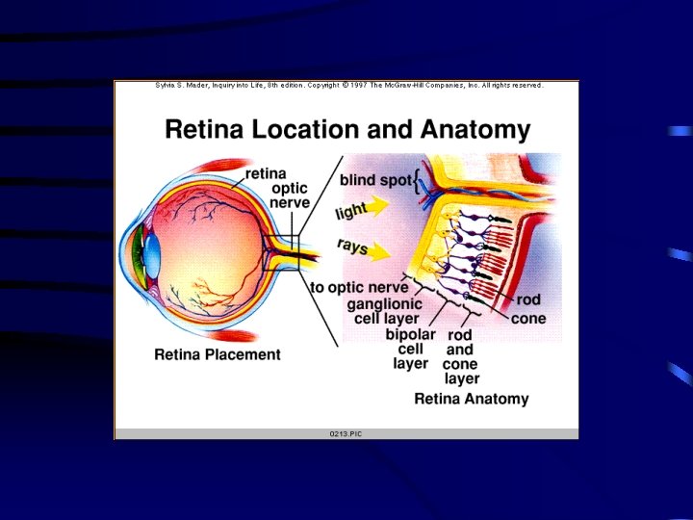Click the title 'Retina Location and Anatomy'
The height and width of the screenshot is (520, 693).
point(347,130)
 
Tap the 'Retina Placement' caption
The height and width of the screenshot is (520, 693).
point(218,354)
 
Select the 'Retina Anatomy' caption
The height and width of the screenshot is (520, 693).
point(471,399)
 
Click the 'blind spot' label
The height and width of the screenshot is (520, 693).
point(374,180)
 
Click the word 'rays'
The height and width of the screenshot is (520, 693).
point(352,247)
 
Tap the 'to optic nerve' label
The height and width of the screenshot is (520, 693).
point(359,287)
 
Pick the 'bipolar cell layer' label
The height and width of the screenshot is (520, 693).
point(411,349)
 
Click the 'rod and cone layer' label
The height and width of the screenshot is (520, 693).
point(460,356)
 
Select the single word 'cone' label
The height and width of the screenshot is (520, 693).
point(528,319)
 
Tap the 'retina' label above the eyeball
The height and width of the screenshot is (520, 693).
point(266,174)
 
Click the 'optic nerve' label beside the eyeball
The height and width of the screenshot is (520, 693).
point(290,195)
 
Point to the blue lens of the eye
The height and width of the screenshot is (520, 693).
point(153,252)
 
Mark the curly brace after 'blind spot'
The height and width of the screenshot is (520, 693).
point(416,181)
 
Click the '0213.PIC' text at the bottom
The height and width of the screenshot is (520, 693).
point(346,433)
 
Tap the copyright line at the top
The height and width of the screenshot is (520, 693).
point(348,86)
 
